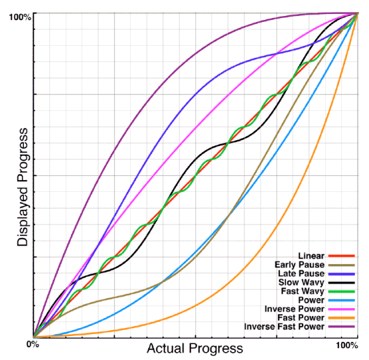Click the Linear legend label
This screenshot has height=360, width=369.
[311, 256]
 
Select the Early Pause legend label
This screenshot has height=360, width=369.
[299, 265]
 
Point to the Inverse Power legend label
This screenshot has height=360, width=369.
[295, 309]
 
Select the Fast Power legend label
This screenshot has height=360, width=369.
[301, 317]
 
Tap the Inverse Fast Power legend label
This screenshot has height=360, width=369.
[284, 326]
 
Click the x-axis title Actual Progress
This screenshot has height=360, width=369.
[194, 348]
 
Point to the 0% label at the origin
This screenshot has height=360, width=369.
[31, 344]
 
